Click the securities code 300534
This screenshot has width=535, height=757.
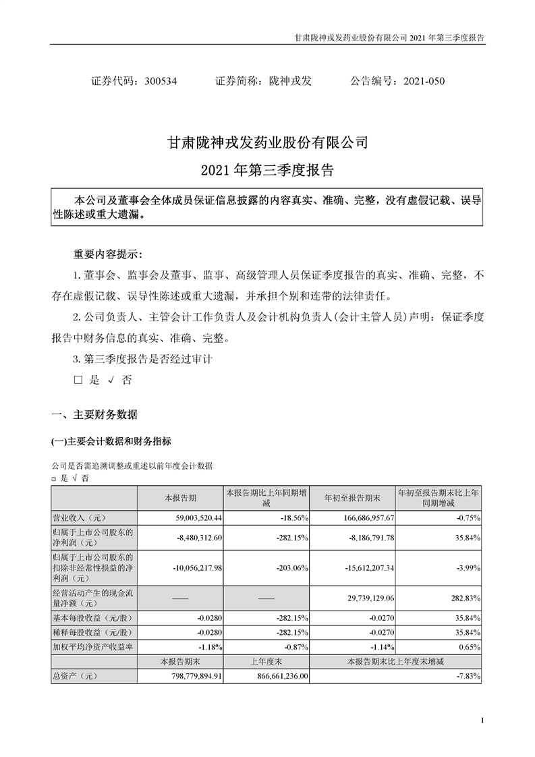coord(161,81)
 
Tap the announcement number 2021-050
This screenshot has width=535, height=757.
coord(424,81)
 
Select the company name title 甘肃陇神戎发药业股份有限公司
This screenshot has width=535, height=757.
coord(267,144)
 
